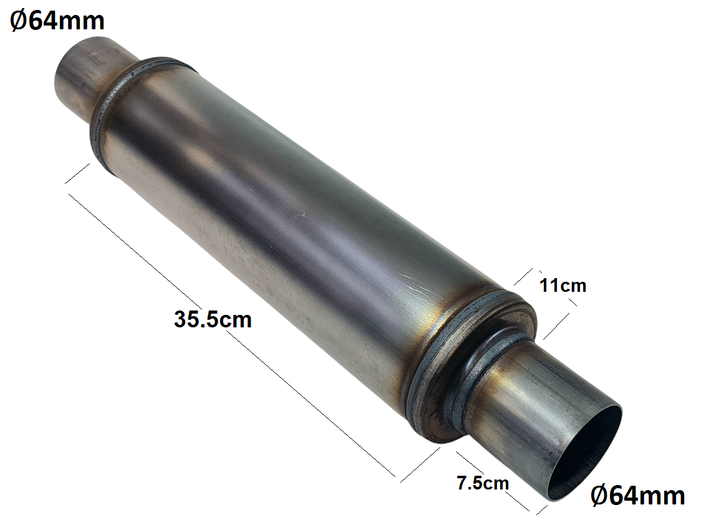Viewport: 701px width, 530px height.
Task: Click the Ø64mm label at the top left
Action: [x=57, y=21]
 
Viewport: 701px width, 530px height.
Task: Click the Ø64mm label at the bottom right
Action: [x=637, y=495]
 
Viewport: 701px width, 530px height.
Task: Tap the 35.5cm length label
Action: [x=213, y=319]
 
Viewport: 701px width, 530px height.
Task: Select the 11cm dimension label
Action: [x=563, y=286]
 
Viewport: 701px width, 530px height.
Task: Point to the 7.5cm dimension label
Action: [x=483, y=483]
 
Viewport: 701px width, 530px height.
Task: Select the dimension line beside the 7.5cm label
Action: [x=493, y=481]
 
